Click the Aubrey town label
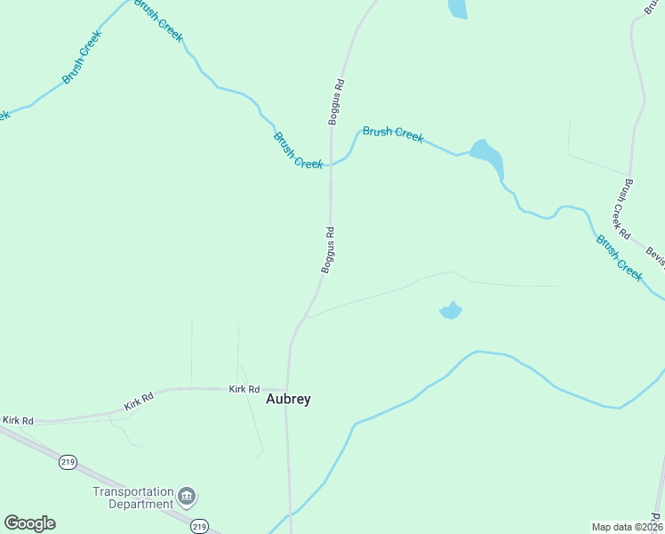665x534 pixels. (x=289, y=400)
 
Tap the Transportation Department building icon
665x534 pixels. (x=187, y=495)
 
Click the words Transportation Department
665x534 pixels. (x=133, y=498)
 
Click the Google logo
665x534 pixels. (x=29, y=523)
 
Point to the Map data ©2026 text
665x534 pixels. (x=627, y=526)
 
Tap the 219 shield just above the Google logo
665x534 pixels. (x=68, y=462)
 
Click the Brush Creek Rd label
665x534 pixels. (x=620, y=210)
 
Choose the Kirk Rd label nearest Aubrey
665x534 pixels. (x=244, y=389)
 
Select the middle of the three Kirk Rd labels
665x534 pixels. (x=140, y=402)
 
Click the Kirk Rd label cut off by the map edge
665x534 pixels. (x=17, y=420)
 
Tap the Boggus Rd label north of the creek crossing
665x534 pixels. (x=336, y=102)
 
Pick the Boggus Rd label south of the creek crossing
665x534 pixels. (x=328, y=250)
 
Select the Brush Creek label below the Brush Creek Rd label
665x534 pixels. (x=619, y=258)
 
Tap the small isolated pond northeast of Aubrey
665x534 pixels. (x=451, y=311)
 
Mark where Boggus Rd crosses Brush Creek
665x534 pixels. (x=331, y=165)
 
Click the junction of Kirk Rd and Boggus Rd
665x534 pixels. (x=287, y=388)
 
